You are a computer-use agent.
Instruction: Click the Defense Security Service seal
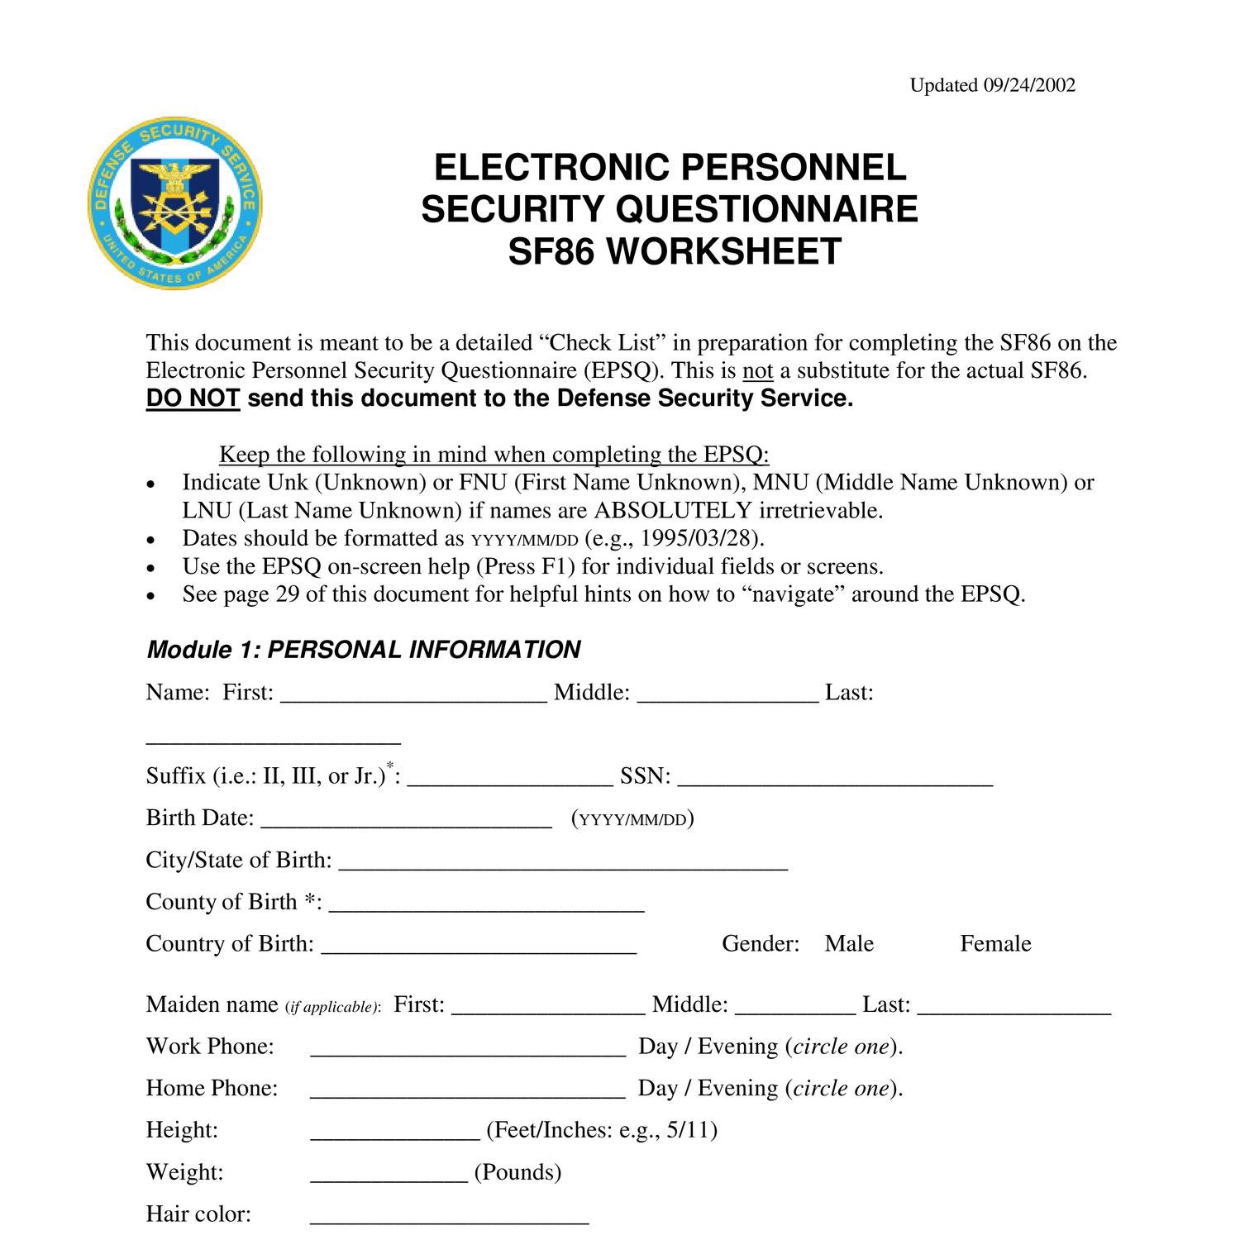[175, 203]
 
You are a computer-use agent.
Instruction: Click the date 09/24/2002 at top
[1029, 86]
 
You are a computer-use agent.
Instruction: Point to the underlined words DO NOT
[193, 398]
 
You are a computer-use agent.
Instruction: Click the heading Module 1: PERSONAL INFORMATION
[364, 650]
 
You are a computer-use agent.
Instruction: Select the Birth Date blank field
[406, 823]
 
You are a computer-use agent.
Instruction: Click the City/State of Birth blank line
[563, 866]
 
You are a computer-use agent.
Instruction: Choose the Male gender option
[849, 943]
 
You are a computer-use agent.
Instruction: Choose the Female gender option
[995, 943]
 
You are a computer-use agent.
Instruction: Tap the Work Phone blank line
[468, 1052]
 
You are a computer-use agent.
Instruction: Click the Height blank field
[395, 1135]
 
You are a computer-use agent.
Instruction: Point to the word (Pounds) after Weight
[517, 1172]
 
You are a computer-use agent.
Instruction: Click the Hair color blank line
[449, 1219]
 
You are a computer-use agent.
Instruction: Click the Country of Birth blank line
[479, 949]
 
